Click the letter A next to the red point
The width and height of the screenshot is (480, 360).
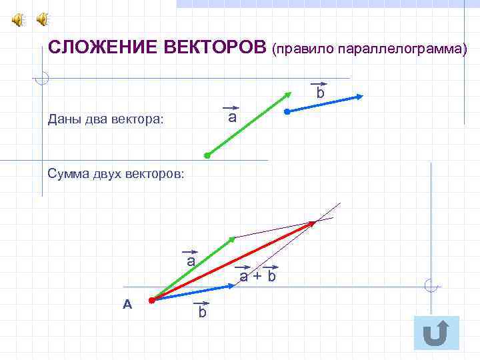tap(128, 304)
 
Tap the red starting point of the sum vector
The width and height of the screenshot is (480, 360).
tap(152, 301)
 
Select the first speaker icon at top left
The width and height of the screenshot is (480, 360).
tap(17, 21)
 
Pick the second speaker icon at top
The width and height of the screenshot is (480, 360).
tap(42, 21)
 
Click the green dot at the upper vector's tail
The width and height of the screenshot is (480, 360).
tap(207, 155)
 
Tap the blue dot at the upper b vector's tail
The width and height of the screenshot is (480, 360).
tap(287, 112)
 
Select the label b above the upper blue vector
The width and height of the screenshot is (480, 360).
tap(320, 93)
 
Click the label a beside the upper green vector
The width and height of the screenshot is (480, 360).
tap(231, 117)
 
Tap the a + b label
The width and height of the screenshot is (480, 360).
tap(257, 275)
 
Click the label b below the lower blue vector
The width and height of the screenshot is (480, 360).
tap(202, 312)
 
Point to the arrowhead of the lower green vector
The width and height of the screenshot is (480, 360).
tap(232, 238)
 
